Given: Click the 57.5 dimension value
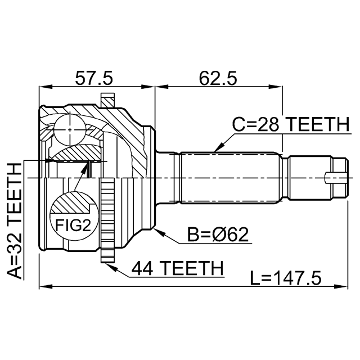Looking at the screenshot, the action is (94, 78).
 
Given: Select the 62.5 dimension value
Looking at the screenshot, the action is (218, 78).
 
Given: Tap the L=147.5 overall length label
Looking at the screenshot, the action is (286, 278).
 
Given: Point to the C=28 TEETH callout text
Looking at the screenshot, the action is (291, 124).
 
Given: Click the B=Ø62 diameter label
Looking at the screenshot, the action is (218, 235).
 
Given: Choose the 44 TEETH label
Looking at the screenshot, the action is (178, 268).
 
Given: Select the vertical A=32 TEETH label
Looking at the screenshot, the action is (14, 221).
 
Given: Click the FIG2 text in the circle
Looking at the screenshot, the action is (73, 225).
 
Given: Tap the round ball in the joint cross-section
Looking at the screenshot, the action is (70, 129).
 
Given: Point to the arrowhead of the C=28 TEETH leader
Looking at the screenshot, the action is (218, 147).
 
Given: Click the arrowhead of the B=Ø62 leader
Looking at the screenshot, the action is (159, 232).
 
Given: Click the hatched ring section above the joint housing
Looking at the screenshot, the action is (107, 100).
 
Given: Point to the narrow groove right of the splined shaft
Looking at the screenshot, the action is (285, 178).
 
